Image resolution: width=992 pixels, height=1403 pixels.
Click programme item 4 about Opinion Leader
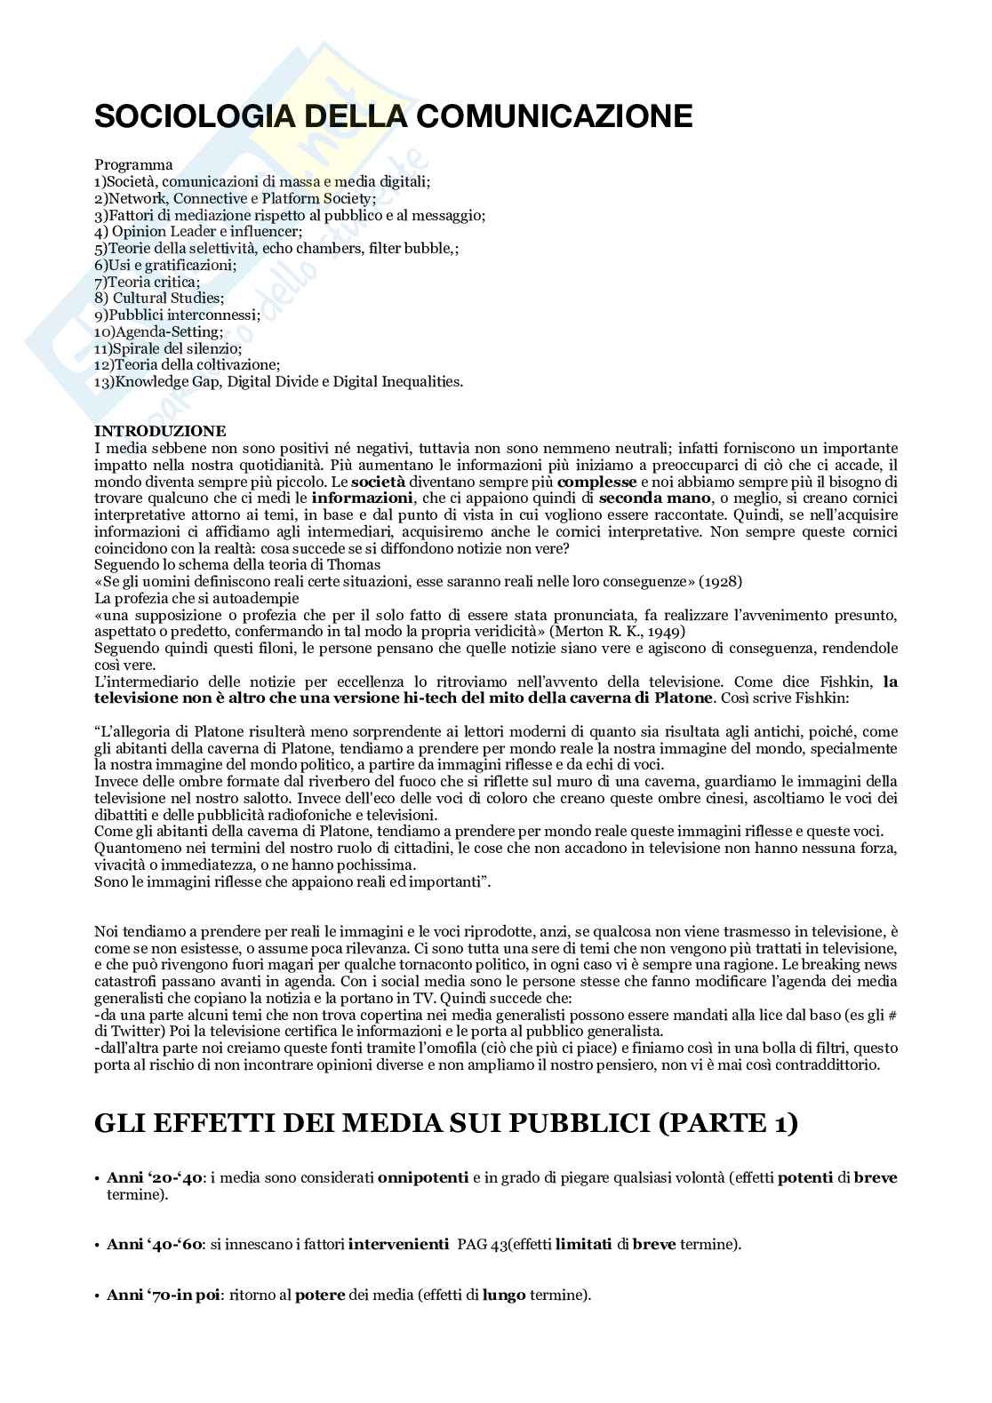[x=198, y=231]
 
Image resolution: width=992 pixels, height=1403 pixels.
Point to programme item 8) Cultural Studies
[x=159, y=299]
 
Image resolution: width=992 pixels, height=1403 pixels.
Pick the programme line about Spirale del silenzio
[x=168, y=348]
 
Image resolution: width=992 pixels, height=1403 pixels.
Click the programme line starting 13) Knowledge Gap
[x=278, y=382]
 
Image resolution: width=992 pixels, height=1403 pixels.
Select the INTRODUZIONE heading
[x=160, y=432]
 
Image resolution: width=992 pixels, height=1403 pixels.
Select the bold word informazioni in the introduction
[x=363, y=498]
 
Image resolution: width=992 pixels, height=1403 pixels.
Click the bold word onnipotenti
[x=423, y=1178]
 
